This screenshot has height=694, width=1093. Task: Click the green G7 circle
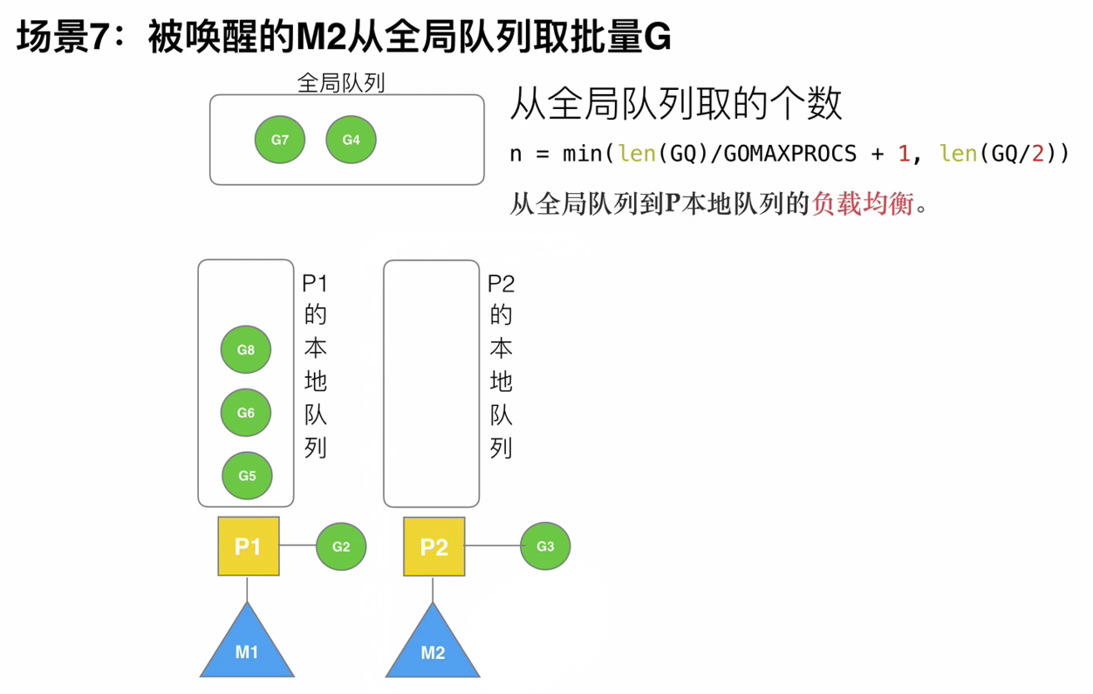pyautogui.click(x=280, y=140)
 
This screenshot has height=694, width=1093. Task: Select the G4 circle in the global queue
pyautogui.click(x=351, y=140)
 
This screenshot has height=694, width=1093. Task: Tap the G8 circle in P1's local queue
pyautogui.click(x=246, y=349)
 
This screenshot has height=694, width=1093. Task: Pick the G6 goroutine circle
pyautogui.click(x=246, y=412)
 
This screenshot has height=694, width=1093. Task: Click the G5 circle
pyautogui.click(x=247, y=476)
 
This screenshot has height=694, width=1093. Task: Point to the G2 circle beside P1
pyautogui.click(x=341, y=546)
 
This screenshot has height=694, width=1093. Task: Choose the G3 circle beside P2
pyautogui.click(x=545, y=546)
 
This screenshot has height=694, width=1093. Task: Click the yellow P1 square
pyautogui.click(x=249, y=546)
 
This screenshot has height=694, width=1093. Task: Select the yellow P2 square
pyautogui.click(x=434, y=546)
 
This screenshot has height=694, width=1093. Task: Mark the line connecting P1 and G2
pyautogui.click(x=297, y=546)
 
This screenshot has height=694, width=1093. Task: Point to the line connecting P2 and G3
pyautogui.click(x=492, y=546)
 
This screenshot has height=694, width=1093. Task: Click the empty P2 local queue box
pyautogui.click(x=432, y=384)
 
